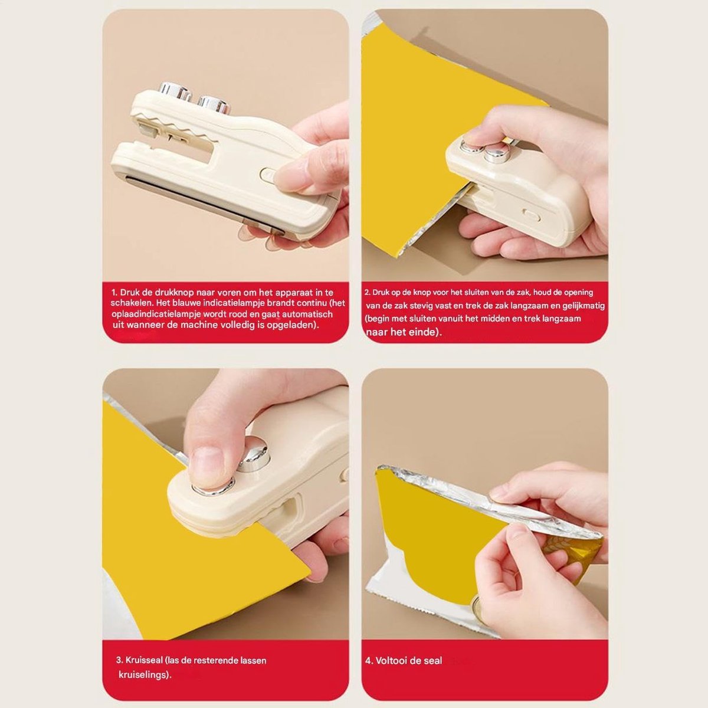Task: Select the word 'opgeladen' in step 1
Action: (x=296, y=325)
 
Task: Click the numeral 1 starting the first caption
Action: (x=114, y=293)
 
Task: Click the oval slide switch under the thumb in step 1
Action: (x=270, y=174)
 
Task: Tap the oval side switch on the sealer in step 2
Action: (x=532, y=215)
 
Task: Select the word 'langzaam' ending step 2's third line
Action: (x=562, y=318)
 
